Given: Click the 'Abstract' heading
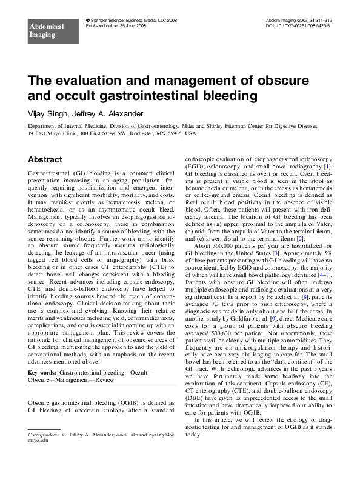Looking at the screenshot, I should click(45, 159).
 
